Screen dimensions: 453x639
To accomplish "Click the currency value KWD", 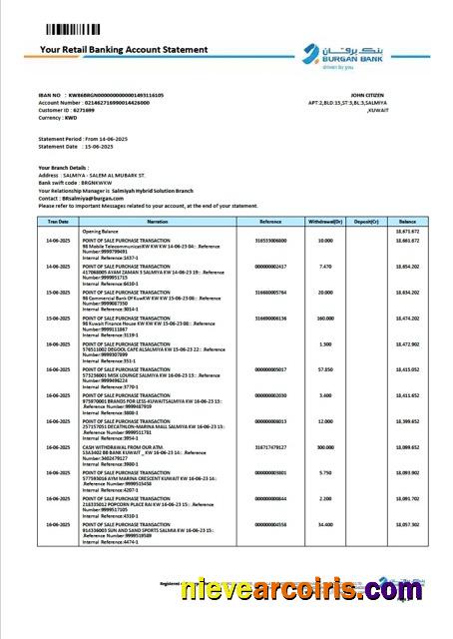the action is click(69, 119).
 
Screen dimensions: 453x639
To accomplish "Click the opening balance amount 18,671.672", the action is click(408, 230).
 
